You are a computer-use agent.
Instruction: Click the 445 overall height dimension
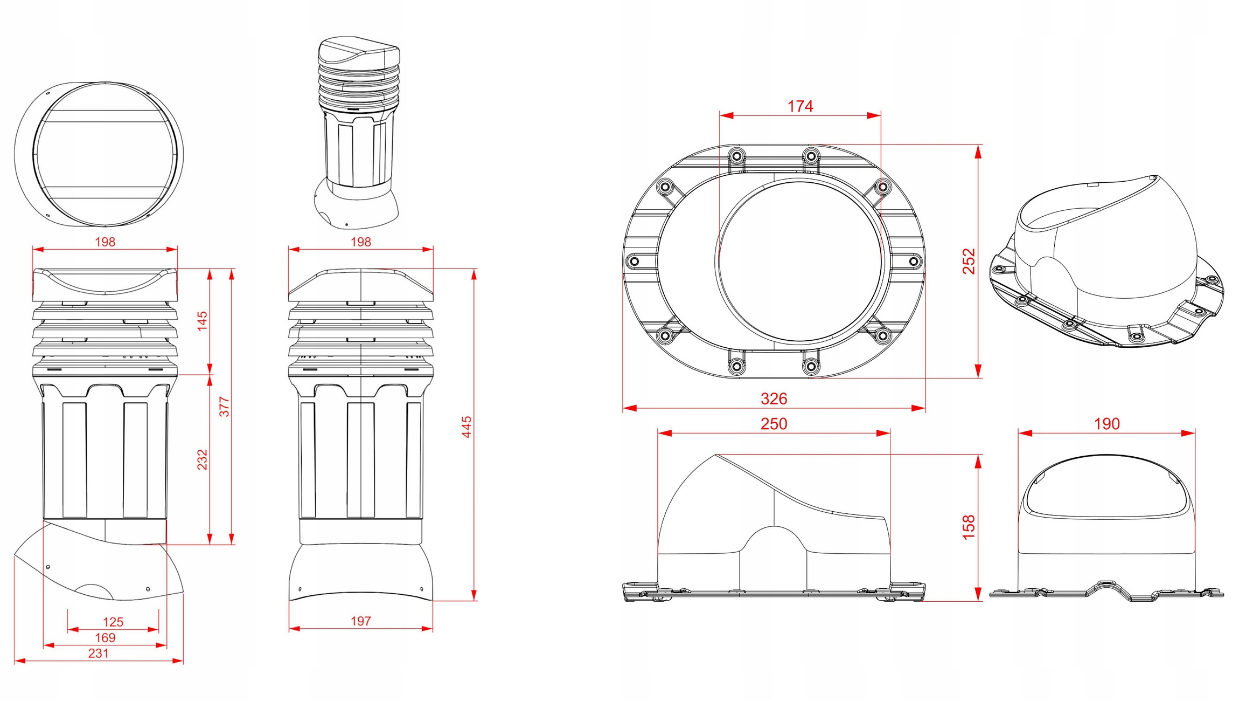pos(467,427)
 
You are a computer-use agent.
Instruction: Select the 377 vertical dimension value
pos(225,407)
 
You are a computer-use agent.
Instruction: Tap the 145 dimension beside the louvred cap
pos(202,321)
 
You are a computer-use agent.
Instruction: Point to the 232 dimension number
pos(202,459)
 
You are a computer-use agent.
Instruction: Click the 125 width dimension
pos(113,622)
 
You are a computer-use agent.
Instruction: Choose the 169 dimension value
pos(105,637)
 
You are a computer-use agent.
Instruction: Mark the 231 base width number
pos(99,653)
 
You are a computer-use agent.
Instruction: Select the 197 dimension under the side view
pos(360,621)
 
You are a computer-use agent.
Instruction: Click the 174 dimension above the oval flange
pos(800,106)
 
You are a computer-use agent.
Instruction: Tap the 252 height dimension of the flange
pos(969,261)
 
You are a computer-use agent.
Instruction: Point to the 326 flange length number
pos(774,398)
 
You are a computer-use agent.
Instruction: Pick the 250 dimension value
pos(774,424)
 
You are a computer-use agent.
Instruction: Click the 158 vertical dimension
pos(969,527)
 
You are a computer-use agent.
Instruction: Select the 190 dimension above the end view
pos(1106,424)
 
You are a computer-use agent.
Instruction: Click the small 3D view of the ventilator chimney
pos(357,132)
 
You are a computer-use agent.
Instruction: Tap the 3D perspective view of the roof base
pos(1104,262)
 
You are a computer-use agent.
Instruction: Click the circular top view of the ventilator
pos(99,155)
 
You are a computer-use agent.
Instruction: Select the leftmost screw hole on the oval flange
pos(635,262)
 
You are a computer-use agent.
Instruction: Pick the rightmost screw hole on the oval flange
pos(914,262)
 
